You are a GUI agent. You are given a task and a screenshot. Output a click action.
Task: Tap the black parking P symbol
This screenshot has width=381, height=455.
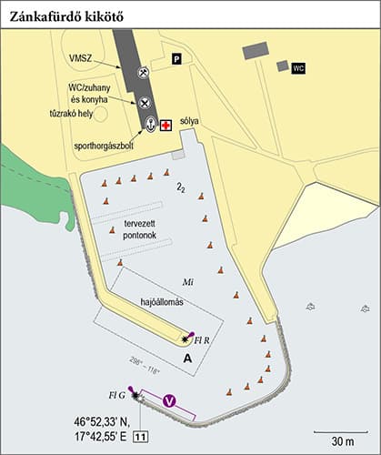click(177, 59)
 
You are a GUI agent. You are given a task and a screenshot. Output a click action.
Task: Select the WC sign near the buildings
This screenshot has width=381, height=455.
click(298, 67)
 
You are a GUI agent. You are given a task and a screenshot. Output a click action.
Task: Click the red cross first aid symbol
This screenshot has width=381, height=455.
click(165, 126)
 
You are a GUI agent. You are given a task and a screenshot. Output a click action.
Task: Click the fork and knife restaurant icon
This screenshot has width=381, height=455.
click(143, 102)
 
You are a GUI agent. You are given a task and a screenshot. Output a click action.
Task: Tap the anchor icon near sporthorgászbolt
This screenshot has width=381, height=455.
click(150, 124)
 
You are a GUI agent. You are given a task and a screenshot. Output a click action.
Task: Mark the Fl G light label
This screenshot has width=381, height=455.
click(116, 395)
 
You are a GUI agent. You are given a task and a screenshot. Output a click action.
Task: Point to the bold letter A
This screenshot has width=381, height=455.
click(187, 359)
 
